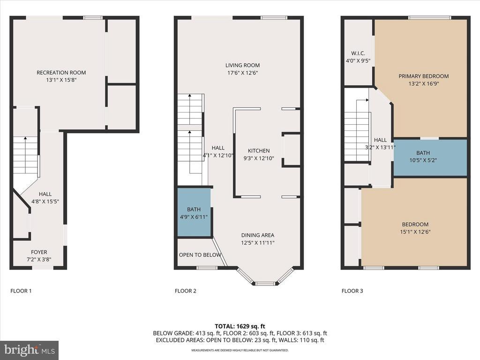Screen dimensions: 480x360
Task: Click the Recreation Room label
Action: click(61, 73)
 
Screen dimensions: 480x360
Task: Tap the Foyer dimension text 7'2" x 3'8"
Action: click(39, 259)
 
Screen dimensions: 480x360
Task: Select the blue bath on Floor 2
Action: click(194, 212)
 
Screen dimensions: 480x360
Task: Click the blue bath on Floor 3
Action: click(430, 157)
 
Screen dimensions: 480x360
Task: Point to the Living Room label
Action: click(242, 65)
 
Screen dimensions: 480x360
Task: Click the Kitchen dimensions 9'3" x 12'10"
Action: click(259, 158)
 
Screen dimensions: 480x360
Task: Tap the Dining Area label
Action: click(258, 235)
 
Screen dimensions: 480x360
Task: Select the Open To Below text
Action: click(200, 255)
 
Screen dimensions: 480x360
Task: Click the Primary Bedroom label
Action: click(424, 76)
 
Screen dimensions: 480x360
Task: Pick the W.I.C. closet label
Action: click(358, 53)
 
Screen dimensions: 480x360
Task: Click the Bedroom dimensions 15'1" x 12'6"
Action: click(415, 232)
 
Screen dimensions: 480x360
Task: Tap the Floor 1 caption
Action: click(21, 291)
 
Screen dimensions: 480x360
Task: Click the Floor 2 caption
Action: click(186, 291)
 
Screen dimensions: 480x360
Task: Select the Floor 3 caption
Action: click(352, 291)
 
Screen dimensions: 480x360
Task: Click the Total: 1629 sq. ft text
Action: click(240, 326)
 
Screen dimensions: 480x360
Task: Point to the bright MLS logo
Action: click(30, 350)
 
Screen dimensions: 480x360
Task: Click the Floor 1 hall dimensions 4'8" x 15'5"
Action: click(45, 202)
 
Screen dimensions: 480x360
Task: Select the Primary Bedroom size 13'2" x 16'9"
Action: click(424, 83)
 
